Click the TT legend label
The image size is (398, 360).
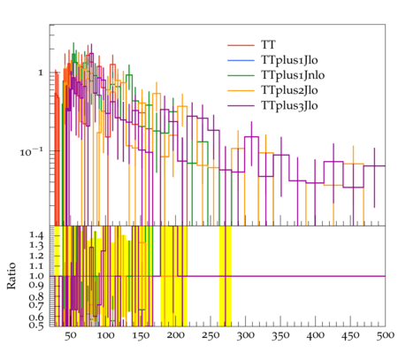click(268, 45)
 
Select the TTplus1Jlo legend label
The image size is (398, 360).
click(289, 60)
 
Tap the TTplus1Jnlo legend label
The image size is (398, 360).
click(293, 75)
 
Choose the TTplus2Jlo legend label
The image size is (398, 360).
click(289, 90)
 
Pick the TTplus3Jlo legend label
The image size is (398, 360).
click(289, 105)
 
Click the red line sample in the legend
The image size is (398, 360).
click(241, 45)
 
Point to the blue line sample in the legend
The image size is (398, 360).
click(241, 60)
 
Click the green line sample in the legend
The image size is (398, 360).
click(241, 75)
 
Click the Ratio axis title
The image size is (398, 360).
click(11, 276)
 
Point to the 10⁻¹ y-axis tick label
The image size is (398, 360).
click(31, 151)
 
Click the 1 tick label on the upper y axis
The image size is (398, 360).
click(41, 73)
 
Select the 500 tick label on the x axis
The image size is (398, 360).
click(386, 336)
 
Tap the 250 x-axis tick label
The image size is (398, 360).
click(210, 336)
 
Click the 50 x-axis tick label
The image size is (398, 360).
click(71, 336)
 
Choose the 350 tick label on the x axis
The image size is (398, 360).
click(280, 336)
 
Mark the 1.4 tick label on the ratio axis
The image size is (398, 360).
click(36, 235)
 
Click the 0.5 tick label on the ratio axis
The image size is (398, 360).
click(36, 325)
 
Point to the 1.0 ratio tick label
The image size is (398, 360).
click(36, 276)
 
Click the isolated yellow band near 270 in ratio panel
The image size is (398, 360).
click(226, 276)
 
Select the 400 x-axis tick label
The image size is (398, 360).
click(316, 336)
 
